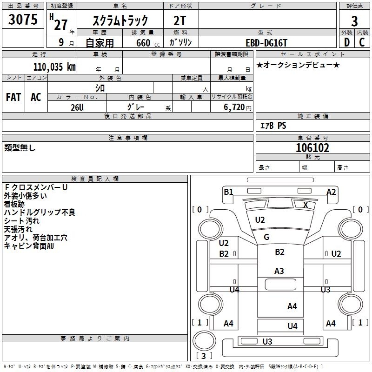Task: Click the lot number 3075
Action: (x=23, y=20)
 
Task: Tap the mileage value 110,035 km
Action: (x=54, y=66)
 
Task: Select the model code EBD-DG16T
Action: (x=266, y=43)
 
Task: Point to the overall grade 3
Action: (x=354, y=21)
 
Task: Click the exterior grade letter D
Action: (x=347, y=42)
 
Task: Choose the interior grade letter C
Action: (x=362, y=42)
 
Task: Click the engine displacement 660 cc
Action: (x=148, y=43)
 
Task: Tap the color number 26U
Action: (x=77, y=107)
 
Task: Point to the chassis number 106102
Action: (x=312, y=148)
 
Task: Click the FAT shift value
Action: (x=13, y=97)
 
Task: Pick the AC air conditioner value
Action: (x=36, y=97)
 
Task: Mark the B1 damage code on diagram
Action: (x=228, y=192)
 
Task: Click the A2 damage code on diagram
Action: (x=331, y=192)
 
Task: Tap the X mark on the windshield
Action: (x=306, y=205)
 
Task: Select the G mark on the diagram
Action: (x=266, y=237)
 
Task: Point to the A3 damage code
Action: (x=279, y=271)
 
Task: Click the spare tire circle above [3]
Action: (x=204, y=341)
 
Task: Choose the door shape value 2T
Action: (x=179, y=21)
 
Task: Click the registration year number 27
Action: (x=61, y=25)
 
